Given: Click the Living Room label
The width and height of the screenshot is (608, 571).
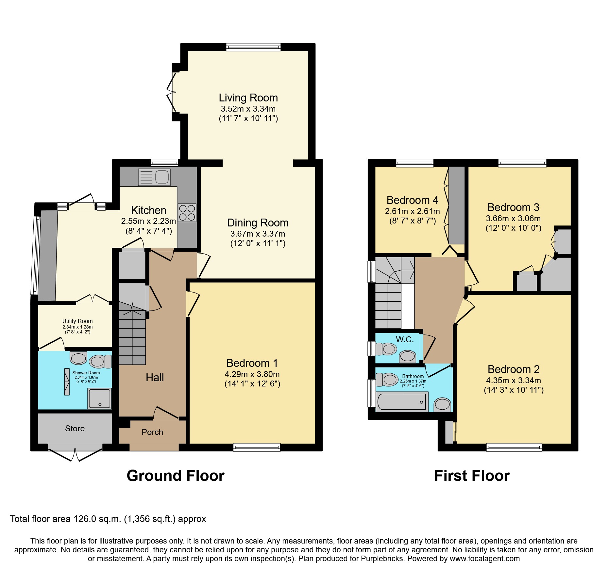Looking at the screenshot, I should (x=248, y=98).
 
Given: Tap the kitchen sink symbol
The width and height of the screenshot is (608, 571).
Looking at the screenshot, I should (x=154, y=177).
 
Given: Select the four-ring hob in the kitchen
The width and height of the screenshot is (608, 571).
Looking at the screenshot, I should (x=187, y=213).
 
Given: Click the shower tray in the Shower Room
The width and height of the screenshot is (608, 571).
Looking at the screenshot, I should (x=99, y=398).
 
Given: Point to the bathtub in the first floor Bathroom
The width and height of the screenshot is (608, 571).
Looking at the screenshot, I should (x=402, y=402).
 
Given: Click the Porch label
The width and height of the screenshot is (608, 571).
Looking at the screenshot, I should (x=152, y=432).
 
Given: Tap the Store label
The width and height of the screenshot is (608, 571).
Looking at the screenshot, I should (x=75, y=429).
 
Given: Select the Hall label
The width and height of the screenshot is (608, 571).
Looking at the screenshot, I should (x=155, y=378).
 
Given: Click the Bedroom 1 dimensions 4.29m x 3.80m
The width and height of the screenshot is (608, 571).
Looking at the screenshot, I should (x=252, y=374).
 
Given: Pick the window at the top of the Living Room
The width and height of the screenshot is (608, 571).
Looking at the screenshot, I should (x=253, y=47).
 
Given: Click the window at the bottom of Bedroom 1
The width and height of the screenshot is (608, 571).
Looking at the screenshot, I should (x=257, y=447).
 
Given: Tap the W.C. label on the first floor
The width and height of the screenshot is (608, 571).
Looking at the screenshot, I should (x=405, y=340).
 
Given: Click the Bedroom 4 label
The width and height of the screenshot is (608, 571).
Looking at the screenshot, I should (x=412, y=200).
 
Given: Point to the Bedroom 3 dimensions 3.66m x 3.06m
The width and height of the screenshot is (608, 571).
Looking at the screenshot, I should (x=513, y=219).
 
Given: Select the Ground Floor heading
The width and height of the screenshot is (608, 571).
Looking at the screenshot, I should (x=176, y=476).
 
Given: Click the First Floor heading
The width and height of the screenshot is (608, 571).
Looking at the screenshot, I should (x=472, y=476).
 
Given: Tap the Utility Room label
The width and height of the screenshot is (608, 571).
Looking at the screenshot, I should (x=77, y=321).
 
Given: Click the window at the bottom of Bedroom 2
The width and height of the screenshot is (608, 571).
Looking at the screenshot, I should (x=514, y=447).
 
